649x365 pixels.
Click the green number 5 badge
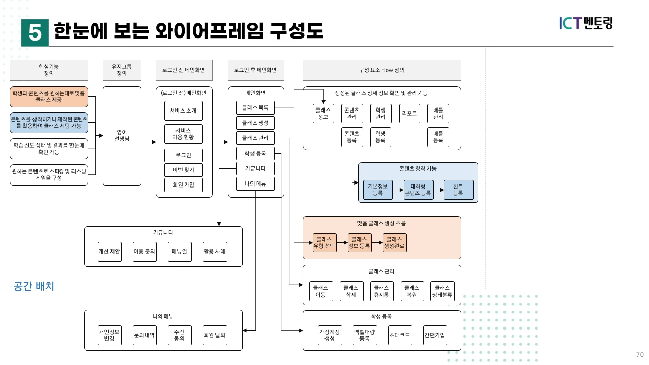[x=34, y=32]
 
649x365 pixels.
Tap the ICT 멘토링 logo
[x=586, y=23]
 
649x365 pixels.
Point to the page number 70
[x=639, y=354]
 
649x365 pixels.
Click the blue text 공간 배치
[x=33, y=286]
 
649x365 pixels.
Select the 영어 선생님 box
[x=122, y=135]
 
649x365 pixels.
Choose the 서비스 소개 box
[x=183, y=111]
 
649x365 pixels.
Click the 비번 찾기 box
[x=183, y=170]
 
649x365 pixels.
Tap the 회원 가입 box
[x=183, y=185]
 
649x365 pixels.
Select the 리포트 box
[x=409, y=113]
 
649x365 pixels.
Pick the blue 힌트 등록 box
[x=458, y=190]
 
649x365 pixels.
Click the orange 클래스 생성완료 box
[x=394, y=243]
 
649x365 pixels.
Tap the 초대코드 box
[x=400, y=335]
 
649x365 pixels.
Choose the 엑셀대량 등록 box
[x=365, y=335]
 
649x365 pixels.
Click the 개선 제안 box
[x=110, y=251]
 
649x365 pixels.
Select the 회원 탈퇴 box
[x=214, y=335]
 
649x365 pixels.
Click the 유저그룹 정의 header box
[x=122, y=70]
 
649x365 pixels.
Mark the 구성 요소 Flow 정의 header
[x=381, y=70]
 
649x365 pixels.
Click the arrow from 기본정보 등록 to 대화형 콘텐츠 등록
[x=398, y=190]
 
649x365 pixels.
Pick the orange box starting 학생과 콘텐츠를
[x=49, y=97]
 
